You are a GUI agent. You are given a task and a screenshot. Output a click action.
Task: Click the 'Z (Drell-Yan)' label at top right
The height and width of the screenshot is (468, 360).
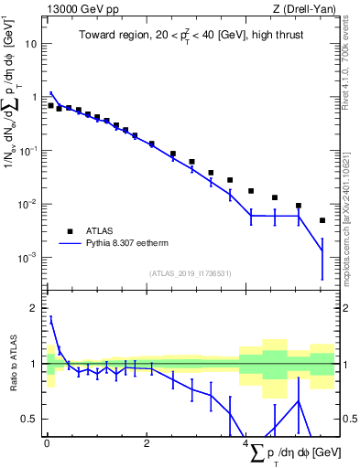coord(307,10)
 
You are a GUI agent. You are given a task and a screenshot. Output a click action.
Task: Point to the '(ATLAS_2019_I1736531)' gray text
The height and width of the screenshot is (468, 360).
coord(191,272)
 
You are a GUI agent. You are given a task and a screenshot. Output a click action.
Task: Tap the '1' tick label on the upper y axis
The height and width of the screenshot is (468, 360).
coord(36,97)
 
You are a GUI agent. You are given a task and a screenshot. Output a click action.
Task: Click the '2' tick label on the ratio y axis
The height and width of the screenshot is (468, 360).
coord(36,308)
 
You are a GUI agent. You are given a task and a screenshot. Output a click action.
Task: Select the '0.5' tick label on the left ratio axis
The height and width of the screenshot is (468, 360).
coord(31,419)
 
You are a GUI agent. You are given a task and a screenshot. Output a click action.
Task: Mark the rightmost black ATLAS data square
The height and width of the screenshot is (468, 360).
coord(322,220)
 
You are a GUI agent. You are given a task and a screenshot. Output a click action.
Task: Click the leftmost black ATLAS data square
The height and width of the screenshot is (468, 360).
coord(51,105)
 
